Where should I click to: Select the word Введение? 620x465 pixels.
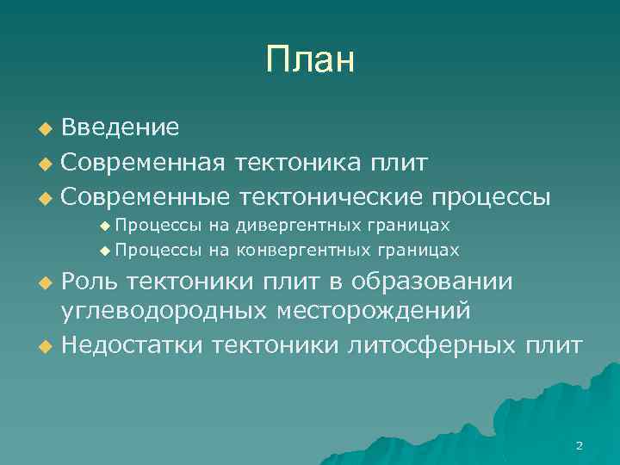pos(121,128)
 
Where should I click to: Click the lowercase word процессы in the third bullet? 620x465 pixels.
pos(488,197)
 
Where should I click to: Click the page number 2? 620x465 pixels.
pos(579,445)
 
